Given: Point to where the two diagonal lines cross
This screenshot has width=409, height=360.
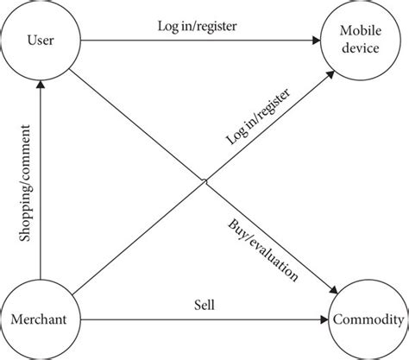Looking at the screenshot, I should (x=204, y=180).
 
